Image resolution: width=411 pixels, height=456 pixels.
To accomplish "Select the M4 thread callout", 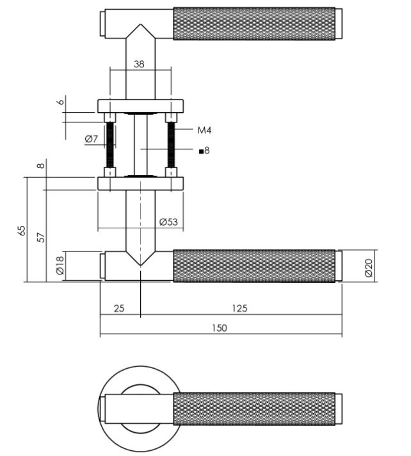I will [204, 130].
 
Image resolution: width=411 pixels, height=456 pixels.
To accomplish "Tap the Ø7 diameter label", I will [91, 139].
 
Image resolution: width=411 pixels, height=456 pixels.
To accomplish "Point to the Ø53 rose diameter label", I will [168, 222].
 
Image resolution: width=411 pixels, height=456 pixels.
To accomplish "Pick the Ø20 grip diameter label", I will [369, 266].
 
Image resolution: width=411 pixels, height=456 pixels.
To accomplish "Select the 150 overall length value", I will [219, 328].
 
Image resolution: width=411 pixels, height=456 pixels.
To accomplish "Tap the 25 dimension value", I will [119, 308].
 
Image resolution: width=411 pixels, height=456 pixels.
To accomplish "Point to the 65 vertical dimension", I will [20, 230].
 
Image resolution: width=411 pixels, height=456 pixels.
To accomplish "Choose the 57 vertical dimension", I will [40, 236].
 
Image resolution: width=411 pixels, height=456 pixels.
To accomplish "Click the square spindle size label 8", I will [204, 151].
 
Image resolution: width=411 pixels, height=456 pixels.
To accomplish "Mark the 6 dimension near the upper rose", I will [60, 102].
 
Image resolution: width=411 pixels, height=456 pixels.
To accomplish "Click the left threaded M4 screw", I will [109, 145].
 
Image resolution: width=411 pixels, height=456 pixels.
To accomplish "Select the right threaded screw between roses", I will [172, 145].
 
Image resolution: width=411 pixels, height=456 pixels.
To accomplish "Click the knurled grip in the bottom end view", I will [254, 409].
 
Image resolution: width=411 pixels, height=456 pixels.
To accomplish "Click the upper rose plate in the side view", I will [140, 105].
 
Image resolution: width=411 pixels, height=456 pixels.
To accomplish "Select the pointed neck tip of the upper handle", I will [140, 30].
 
